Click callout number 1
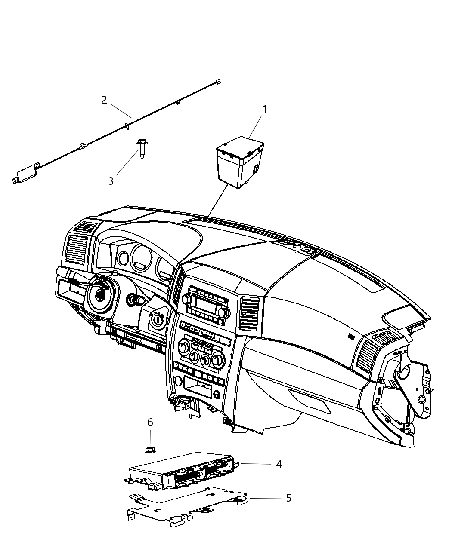(265, 109)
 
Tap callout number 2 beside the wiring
(104, 100)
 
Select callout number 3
(111, 181)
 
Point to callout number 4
(279, 464)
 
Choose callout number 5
(288, 498)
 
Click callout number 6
(150, 422)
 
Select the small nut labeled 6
(150, 450)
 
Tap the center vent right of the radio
(250, 314)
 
